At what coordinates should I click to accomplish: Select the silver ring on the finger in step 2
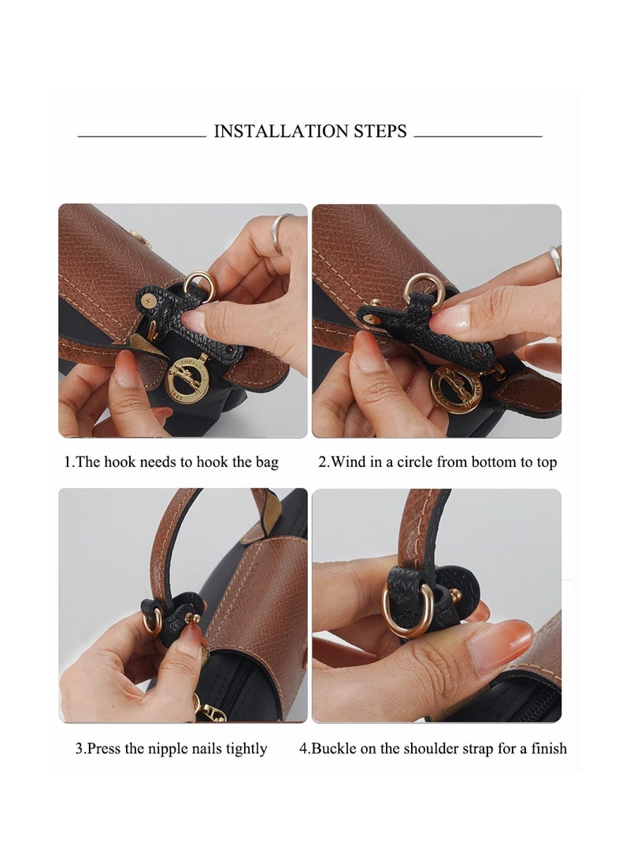555,260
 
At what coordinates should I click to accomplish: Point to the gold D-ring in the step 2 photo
424,289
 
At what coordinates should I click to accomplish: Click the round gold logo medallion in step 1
187,380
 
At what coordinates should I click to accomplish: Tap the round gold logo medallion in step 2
456,389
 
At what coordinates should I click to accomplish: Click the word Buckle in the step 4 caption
334,748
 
